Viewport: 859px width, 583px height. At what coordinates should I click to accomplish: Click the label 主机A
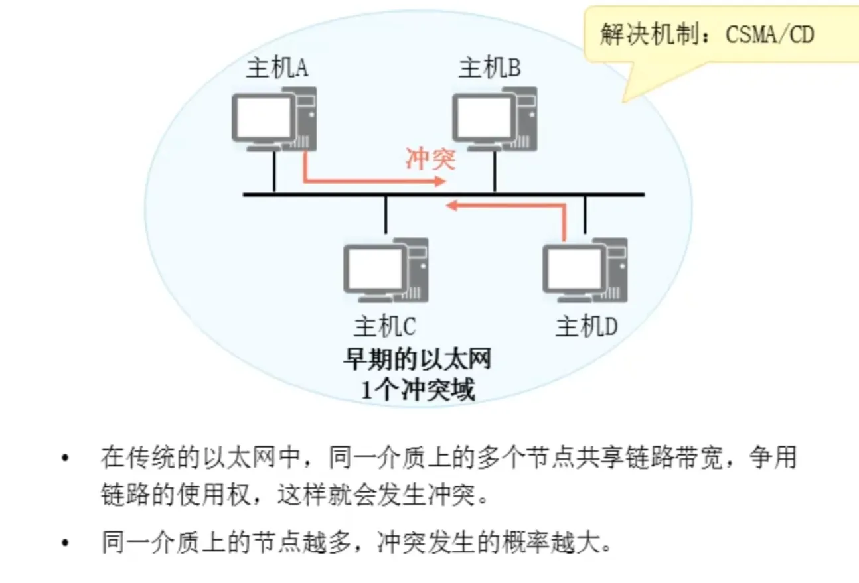(277, 68)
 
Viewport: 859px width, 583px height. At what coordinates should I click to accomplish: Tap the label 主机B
(489, 68)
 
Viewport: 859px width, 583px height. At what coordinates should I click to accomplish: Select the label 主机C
(385, 326)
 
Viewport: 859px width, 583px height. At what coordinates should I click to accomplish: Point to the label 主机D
(587, 326)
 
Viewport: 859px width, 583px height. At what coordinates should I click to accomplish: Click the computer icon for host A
(273, 119)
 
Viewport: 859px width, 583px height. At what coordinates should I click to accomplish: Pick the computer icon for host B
(494, 119)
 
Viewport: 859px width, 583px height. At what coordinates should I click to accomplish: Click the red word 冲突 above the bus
(430, 159)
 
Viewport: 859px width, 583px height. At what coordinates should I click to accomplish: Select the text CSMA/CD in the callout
(770, 34)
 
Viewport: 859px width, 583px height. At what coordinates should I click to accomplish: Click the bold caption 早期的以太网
(417, 361)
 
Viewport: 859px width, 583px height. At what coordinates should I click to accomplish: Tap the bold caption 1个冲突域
(418, 389)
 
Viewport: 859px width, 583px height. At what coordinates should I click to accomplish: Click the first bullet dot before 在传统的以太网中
(64, 459)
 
